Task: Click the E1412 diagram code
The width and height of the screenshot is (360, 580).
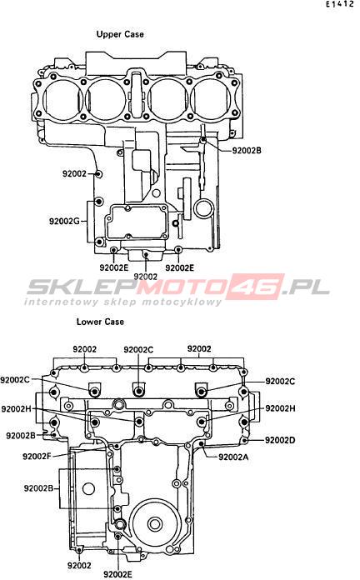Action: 340,4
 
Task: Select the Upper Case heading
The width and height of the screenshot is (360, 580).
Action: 120,34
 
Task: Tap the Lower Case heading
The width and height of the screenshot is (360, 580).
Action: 100,322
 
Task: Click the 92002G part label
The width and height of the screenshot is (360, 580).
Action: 64,221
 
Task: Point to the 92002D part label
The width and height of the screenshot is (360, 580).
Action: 280,440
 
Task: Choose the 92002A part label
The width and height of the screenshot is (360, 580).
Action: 233,457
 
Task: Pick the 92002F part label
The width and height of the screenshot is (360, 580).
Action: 37,456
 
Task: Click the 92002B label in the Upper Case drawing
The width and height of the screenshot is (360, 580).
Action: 247,151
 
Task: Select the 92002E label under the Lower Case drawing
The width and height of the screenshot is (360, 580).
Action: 117,574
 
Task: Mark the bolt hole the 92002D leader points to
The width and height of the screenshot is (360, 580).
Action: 244,440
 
